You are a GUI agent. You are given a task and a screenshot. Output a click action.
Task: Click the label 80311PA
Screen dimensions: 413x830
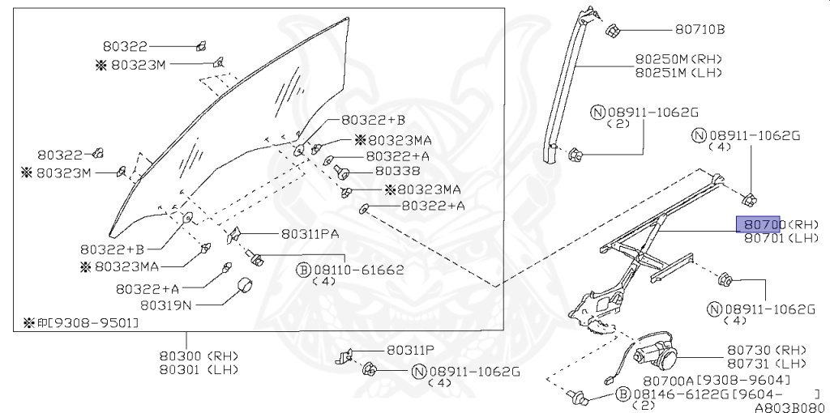coord(309,234)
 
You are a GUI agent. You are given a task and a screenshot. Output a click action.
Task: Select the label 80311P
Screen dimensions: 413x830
coord(410,350)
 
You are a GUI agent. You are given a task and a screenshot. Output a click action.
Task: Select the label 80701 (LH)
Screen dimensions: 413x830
coord(774,238)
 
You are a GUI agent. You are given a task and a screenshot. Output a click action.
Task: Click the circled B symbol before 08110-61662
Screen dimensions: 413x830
coord(302,269)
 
